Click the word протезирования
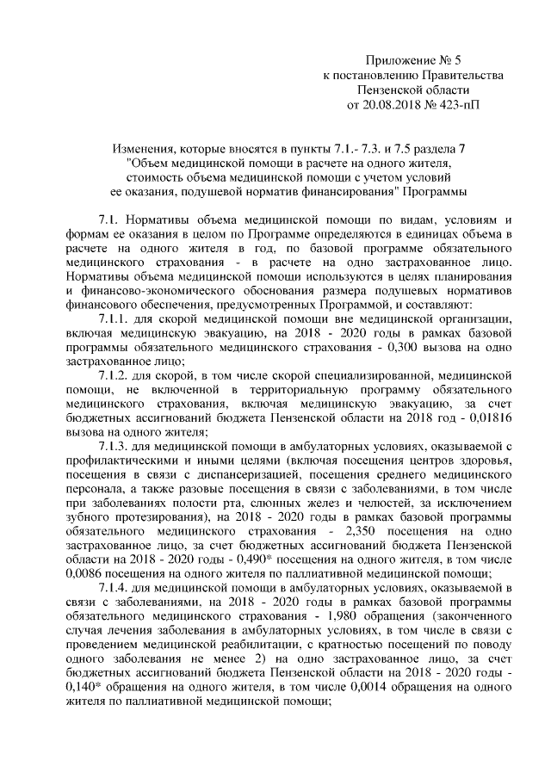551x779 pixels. pos(126,516)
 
